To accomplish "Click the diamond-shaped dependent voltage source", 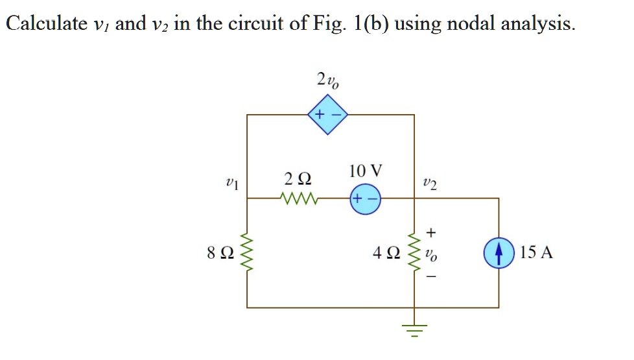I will pos(328,115).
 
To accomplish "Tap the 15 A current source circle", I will pos(499,252).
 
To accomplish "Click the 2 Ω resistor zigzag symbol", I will pos(297,198).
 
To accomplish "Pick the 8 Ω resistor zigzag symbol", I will pos(247,252).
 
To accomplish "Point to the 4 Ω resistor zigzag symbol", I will pos(414,252).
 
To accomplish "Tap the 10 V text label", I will pos(365,171).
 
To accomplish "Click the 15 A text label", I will pos(536,252).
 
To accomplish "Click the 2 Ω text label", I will pos(297,178).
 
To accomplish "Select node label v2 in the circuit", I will pos(429,185).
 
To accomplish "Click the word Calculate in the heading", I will pos(46,24).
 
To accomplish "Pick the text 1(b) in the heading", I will pos(372,24).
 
